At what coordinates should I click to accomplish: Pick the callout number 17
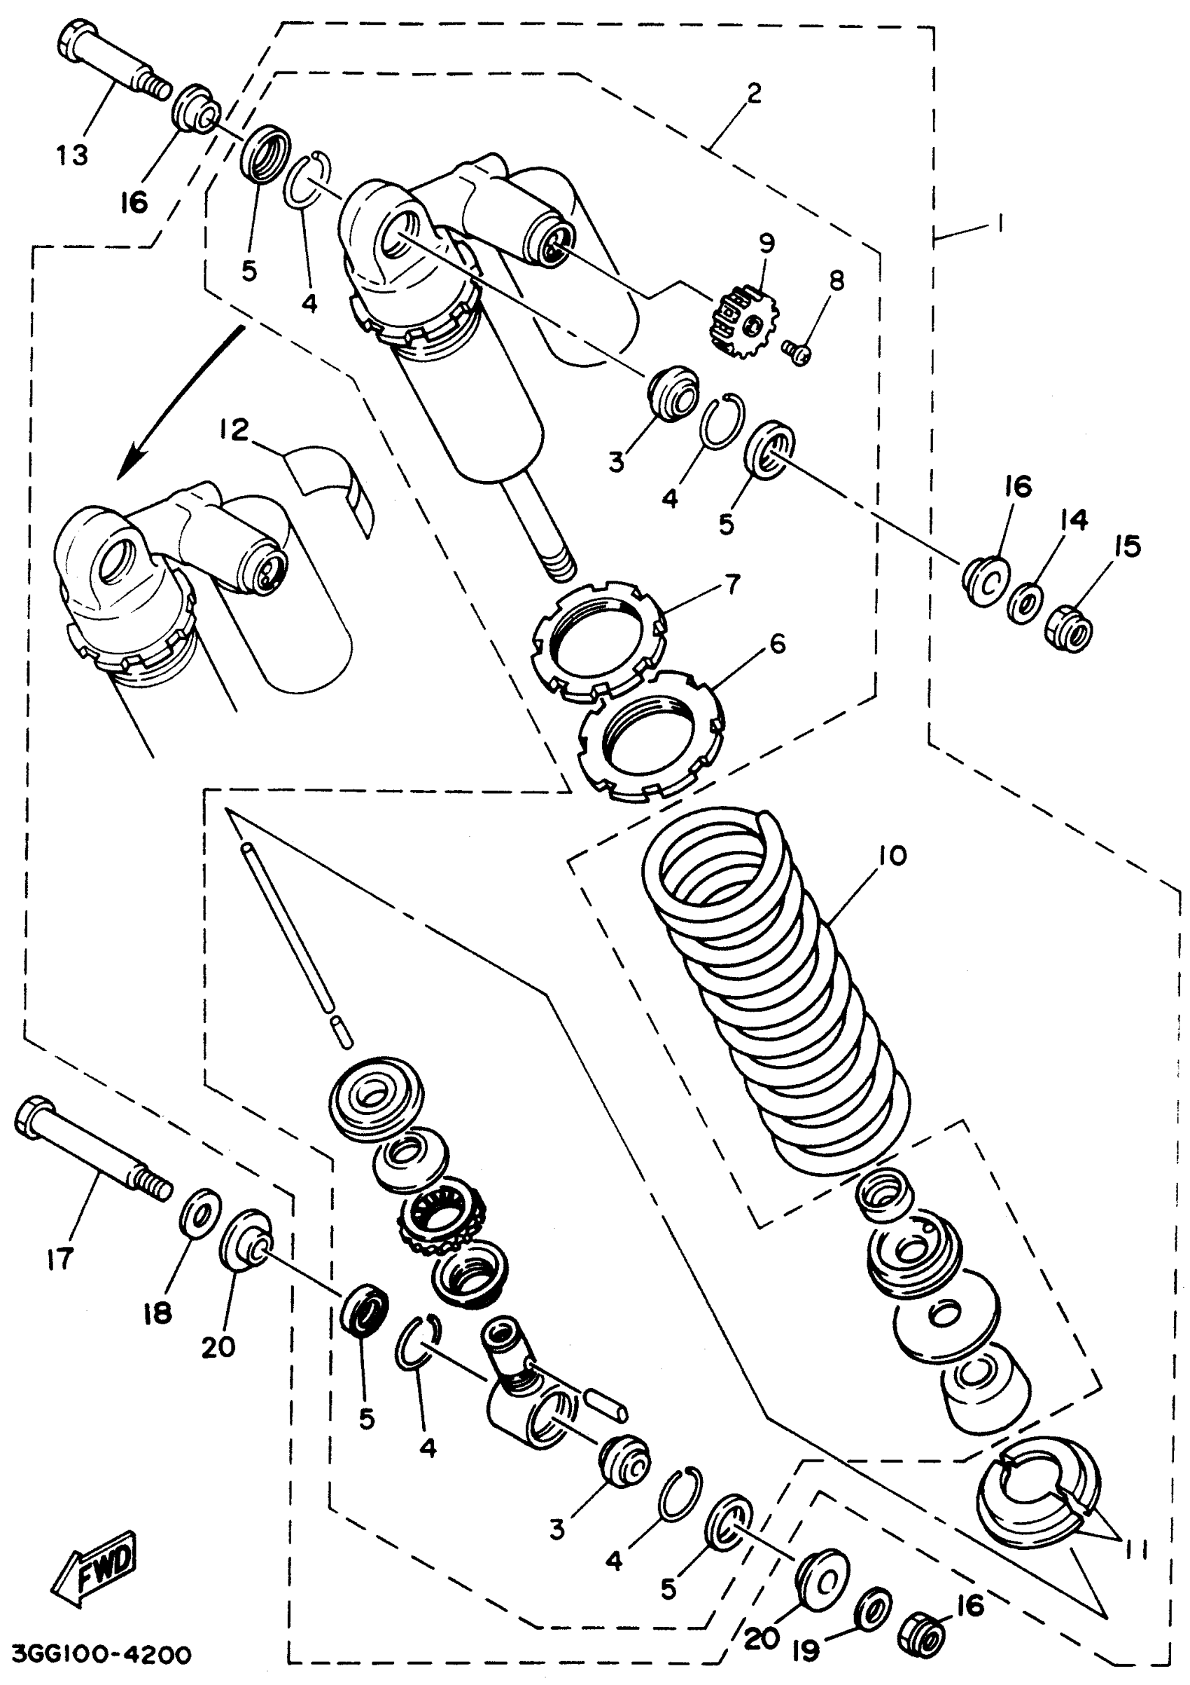[x=59, y=1258]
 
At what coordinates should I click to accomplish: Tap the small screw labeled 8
[x=794, y=353]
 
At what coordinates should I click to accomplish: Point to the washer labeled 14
[x=1027, y=603]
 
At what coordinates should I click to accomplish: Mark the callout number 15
[x=1127, y=547]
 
